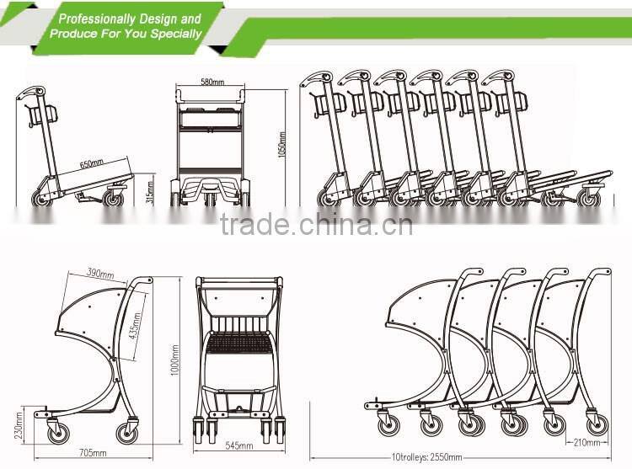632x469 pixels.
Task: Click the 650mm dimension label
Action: [x=92, y=164]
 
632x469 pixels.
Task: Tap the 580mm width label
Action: [x=212, y=83]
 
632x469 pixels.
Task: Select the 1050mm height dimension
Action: [x=282, y=146]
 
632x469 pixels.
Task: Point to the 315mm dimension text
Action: [x=149, y=193]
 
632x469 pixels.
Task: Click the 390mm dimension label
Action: [x=100, y=274]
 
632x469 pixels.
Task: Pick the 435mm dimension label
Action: [x=136, y=326]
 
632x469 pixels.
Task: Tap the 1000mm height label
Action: [x=174, y=360]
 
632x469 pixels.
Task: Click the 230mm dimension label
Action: [x=19, y=425]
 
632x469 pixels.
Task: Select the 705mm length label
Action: [x=93, y=453]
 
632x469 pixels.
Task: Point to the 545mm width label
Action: [x=239, y=445]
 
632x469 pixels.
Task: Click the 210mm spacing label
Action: [x=587, y=442]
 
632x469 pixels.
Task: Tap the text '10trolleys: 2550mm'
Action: [x=427, y=457]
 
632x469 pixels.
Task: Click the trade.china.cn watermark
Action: [x=316, y=224]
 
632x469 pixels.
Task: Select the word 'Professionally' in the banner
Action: [x=97, y=19]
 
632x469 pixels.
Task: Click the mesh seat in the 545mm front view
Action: [x=239, y=343]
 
